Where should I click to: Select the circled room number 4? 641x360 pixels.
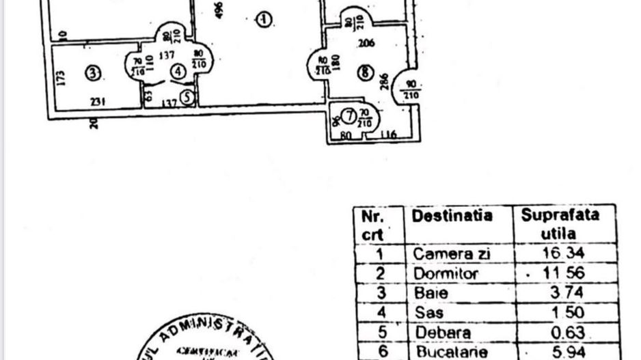pos(178,70)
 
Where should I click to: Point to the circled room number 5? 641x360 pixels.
pos(187,98)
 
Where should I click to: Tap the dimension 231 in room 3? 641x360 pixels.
pos(98,102)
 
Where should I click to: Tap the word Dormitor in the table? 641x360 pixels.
pos(446,273)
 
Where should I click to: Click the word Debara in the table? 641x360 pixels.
pos(441,333)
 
